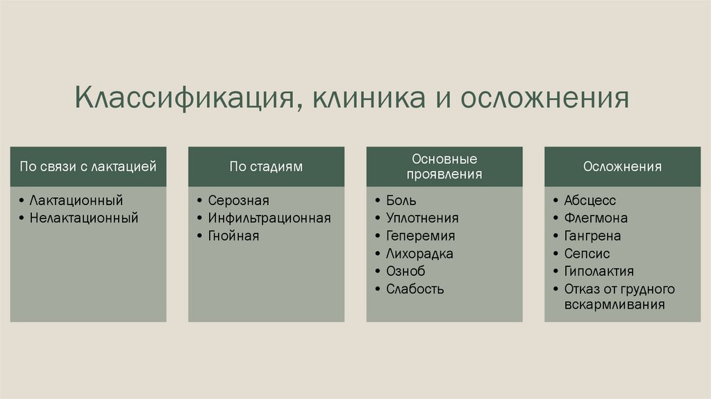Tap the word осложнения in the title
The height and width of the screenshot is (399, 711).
[x=546, y=97]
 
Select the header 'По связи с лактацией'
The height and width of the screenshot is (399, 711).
[x=88, y=167]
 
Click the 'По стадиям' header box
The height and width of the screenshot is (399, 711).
[x=267, y=167]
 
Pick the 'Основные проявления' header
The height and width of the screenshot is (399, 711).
[x=444, y=167]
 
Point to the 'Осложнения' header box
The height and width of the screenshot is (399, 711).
[x=622, y=167]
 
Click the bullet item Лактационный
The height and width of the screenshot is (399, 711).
[x=76, y=200]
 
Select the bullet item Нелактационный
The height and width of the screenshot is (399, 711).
[x=84, y=218]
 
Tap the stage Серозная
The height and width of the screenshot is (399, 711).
[x=238, y=200]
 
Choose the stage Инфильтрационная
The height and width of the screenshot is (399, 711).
[x=269, y=218]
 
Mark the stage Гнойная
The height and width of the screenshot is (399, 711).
[x=233, y=236]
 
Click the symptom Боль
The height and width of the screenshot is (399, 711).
[x=401, y=200]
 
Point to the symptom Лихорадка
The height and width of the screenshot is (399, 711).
[x=419, y=254]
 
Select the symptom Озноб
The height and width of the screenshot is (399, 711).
[x=405, y=271]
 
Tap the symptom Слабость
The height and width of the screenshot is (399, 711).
[x=415, y=289]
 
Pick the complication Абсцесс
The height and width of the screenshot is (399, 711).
[x=590, y=200]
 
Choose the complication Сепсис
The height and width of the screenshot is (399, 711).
[x=587, y=254]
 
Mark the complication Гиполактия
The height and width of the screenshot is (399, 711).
[x=599, y=271]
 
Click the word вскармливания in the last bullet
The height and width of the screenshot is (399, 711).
[x=614, y=305]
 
